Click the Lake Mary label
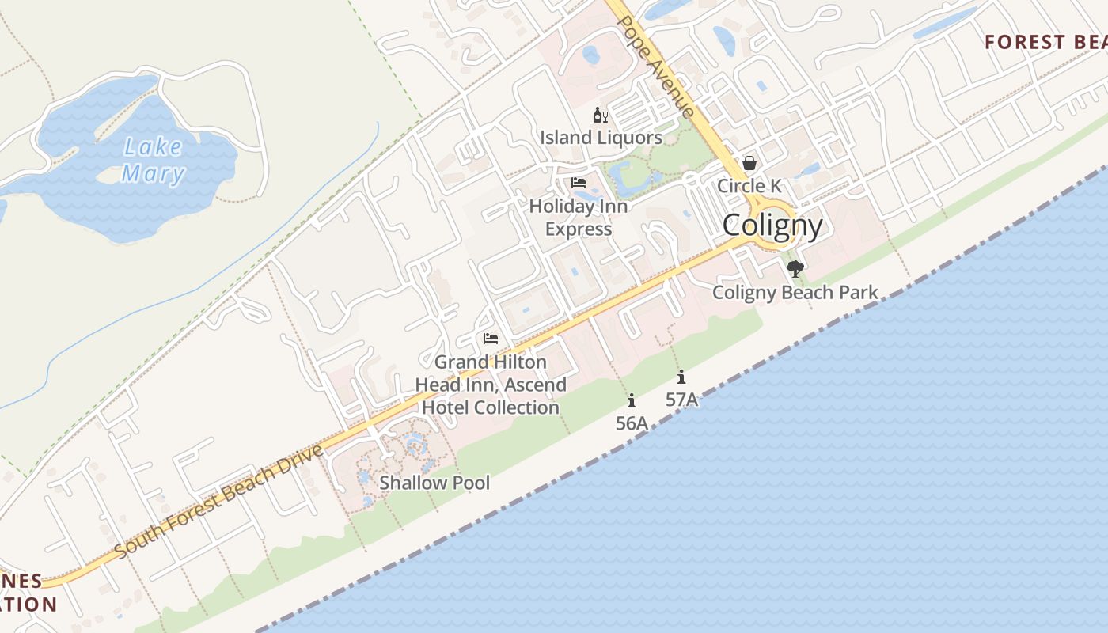pos(154,160)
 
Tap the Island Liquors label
pos(601,138)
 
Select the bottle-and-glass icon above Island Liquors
pos(601,116)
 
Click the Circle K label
pos(749,186)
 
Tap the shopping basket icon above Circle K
pos(749,163)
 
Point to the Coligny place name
pos(772,226)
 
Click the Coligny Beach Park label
pos(795,293)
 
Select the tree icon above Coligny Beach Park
pos(795,269)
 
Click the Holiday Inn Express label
pos(579,218)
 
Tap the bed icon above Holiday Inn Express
pos(579,183)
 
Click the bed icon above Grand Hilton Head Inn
pos(491,339)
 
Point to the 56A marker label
pos(632,423)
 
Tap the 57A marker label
pos(681,400)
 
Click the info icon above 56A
pos(632,400)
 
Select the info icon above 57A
pos(681,377)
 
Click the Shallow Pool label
pos(434,483)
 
